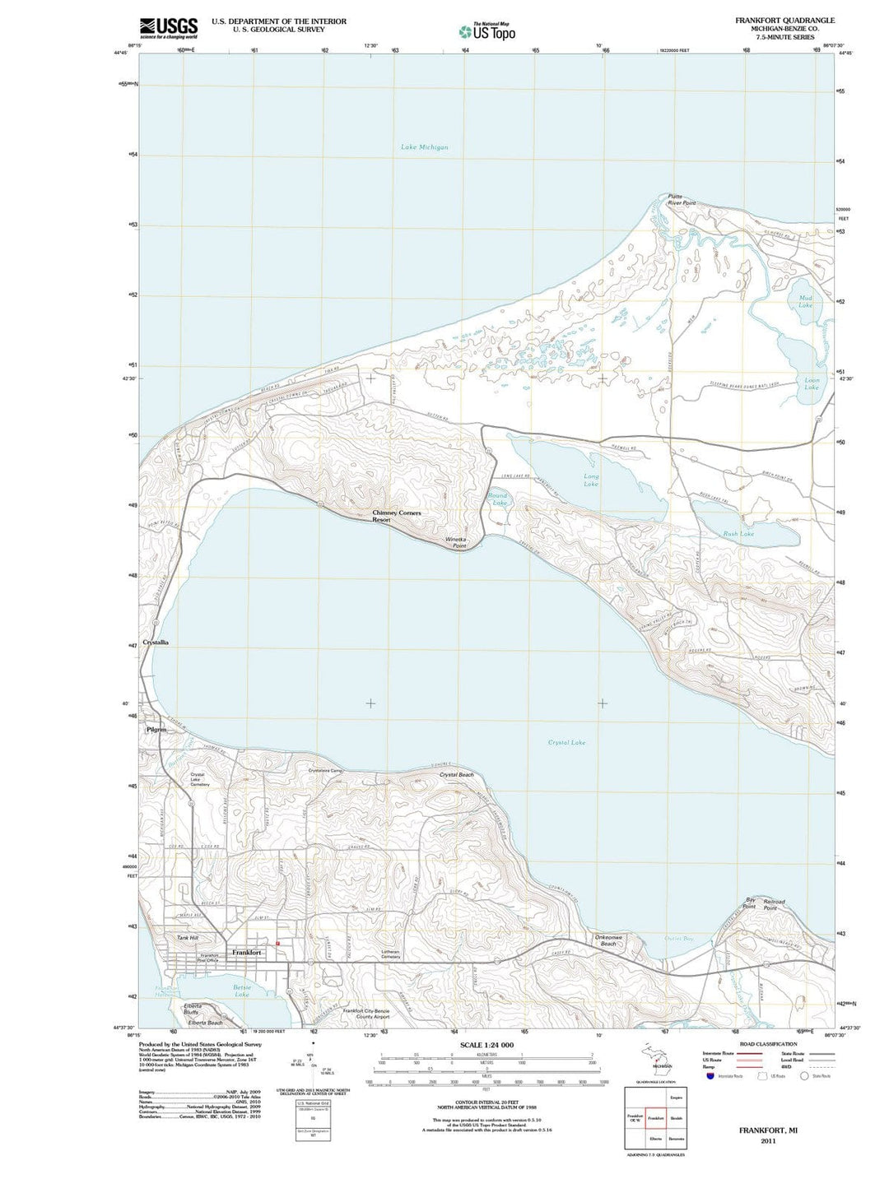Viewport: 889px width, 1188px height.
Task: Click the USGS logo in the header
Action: pyautogui.click(x=168, y=28)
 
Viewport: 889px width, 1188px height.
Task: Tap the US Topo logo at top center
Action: pyautogui.click(x=487, y=31)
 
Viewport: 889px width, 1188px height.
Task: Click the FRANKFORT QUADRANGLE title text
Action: pyautogui.click(x=773, y=20)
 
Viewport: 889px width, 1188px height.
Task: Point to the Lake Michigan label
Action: pyautogui.click(x=424, y=147)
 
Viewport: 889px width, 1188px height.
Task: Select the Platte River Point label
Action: pyautogui.click(x=681, y=199)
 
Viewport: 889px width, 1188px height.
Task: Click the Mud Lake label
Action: pyautogui.click(x=804, y=301)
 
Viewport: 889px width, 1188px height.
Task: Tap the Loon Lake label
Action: pyautogui.click(x=812, y=383)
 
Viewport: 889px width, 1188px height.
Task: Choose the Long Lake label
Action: pyautogui.click(x=591, y=480)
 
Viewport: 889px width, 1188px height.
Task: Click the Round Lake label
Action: pyautogui.click(x=497, y=499)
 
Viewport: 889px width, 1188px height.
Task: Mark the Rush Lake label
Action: pyautogui.click(x=738, y=534)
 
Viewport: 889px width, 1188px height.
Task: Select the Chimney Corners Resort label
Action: pyautogui.click(x=396, y=516)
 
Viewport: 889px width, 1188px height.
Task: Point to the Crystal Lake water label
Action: pyautogui.click(x=566, y=742)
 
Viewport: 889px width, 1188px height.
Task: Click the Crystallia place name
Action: pyautogui.click(x=156, y=643)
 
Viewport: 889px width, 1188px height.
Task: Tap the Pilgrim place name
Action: pyautogui.click(x=156, y=730)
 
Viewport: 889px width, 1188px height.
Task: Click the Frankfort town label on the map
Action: pyautogui.click(x=247, y=952)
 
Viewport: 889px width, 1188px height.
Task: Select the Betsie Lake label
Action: pyautogui.click(x=242, y=991)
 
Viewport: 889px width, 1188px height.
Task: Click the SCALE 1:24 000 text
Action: pyautogui.click(x=488, y=1045)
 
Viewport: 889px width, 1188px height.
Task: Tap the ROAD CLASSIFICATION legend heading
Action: pyautogui.click(x=768, y=1044)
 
